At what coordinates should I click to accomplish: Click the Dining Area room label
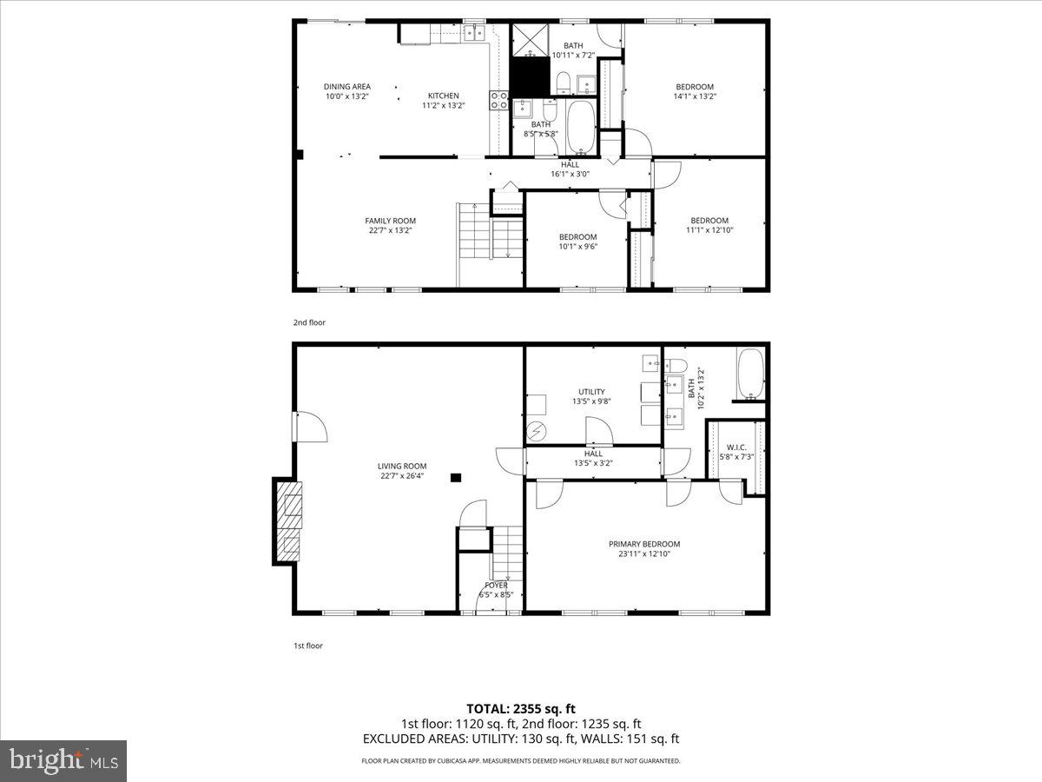click(x=346, y=86)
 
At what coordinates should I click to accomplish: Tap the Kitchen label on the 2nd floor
click(x=443, y=96)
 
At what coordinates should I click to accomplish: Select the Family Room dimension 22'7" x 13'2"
click(x=390, y=231)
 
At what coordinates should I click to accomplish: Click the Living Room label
click(x=402, y=466)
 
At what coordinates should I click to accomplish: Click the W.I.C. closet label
click(x=736, y=447)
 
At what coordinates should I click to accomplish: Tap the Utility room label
click(x=592, y=392)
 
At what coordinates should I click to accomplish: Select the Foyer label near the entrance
click(x=497, y=586)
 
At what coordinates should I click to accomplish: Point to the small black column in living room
click(x=456, y=476)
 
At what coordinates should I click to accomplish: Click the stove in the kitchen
click(x=499, y=101)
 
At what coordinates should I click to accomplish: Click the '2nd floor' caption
click(x=308, y=322)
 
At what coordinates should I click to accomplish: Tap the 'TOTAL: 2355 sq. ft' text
click(x=520, y=708)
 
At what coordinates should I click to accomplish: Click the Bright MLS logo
click(x=63, y=761)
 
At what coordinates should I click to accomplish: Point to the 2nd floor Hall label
click(x=570, y=164)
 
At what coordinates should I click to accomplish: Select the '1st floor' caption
click(x=307, y=646)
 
